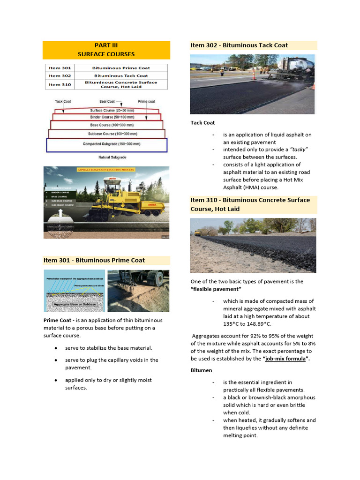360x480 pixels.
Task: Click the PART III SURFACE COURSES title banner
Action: [x=106, y=50]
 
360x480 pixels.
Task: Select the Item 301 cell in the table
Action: [x=60, y=68]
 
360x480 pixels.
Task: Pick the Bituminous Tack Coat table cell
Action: [x=121, y=75]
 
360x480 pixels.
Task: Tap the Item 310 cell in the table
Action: [x=60, y=84]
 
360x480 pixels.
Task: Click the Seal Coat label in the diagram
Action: [x=107, y=101]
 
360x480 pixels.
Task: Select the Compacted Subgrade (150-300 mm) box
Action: [x=106, y=144]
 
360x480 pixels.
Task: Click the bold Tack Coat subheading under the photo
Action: [x=202, y=123]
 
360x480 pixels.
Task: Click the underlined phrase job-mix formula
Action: [x=286, y=359]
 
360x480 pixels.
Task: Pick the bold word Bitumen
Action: [x=202, y=370]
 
